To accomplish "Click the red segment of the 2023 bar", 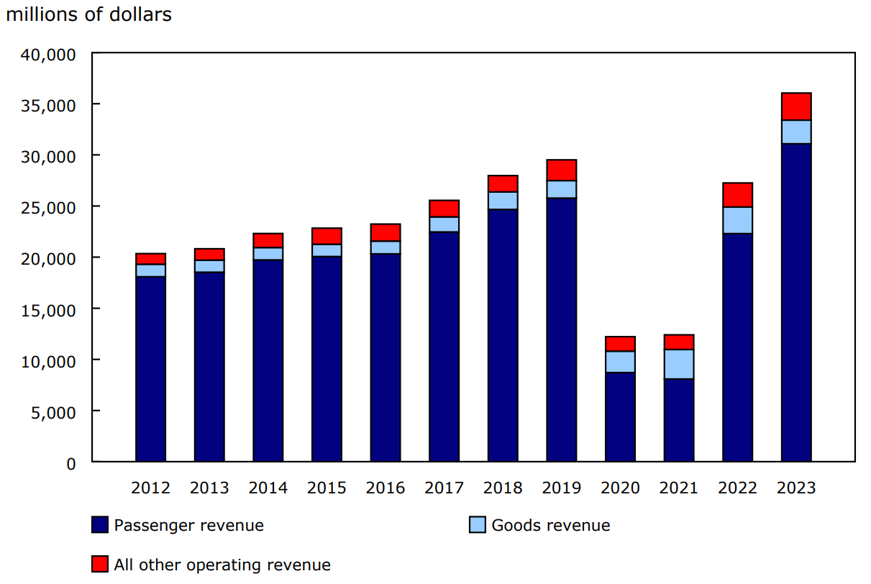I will pyautogui.click(x=796, y=106).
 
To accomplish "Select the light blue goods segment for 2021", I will pyautogui.click(x=679, y=364).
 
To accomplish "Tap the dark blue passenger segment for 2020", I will pyautogui.click(x=620, y=417).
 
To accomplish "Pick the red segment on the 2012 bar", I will pyautogui.click(x=150, y=259).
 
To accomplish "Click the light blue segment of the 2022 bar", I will pyautogui.click(x=737, y=220).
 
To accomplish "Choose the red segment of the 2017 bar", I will pyautogui.click(x=444, y=209).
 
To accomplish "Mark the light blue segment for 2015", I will pyautogui.click(x=327, y=250).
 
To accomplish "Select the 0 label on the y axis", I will pyautogui.click(x=70, y=463).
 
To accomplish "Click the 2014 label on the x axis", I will pyautogui.click(x=268, y=488).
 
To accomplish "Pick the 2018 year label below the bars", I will pyautogui.click(x=503, y=488).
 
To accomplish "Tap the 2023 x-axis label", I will pyautogui.click(x=796, y=488).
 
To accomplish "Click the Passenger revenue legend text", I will pyautogui.click(x=188, y=525).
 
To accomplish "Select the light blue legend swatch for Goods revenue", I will pyautogui.click(x=478, y=525).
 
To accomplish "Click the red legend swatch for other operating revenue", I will pyautogui.click(x=101, y=565).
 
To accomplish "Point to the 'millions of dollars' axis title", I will pyautogui.click(x=89, y=14).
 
